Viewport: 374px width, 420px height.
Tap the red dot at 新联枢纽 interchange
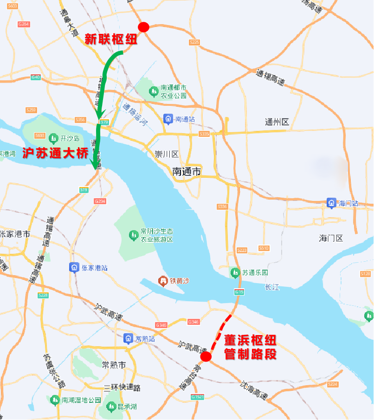143,27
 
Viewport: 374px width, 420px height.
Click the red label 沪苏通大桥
55,153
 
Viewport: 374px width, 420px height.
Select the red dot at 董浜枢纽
206,356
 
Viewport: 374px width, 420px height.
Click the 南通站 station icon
168,119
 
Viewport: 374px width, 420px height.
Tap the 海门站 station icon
331,203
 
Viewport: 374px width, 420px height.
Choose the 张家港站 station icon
74,267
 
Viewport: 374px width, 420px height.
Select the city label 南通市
187,172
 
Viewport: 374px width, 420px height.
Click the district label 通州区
277,122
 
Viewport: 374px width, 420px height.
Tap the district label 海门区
331,238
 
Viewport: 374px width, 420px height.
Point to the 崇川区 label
167,154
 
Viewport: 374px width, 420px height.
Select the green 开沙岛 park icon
53,138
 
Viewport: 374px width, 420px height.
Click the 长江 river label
272,287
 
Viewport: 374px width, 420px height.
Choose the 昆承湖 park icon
111,407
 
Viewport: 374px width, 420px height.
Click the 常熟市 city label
114,365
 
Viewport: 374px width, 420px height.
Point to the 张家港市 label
15,234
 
